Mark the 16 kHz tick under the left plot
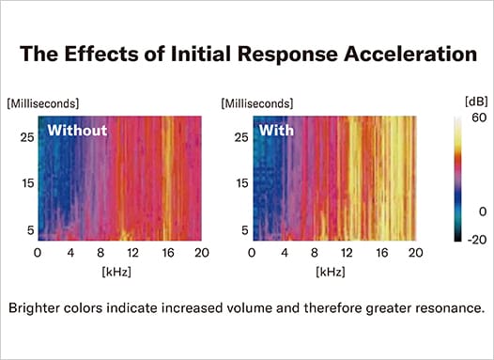coord(166,252)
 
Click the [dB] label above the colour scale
coord(450,101)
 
